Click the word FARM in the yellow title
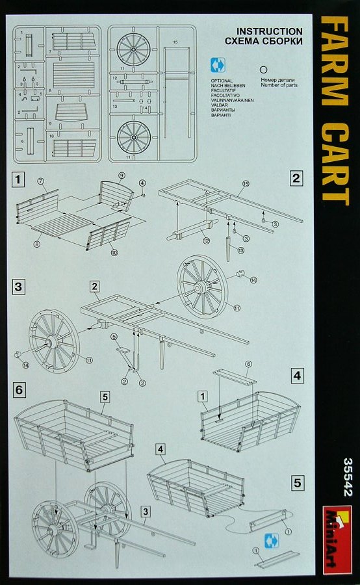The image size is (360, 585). pos(334,64)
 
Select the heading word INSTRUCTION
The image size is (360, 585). pos(269,31)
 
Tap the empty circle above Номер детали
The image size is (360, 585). pos(264,68)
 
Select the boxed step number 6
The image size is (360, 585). pos(19,389)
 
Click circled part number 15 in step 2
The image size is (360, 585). pos(246,185)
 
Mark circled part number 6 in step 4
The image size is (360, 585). pos(247,364)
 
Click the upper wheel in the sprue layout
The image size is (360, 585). pos(134,49)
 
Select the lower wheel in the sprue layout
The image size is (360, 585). pos(134,137)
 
